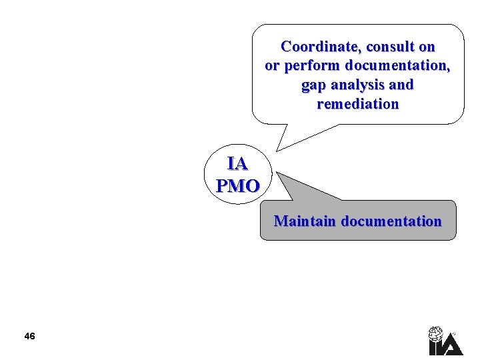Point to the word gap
pos(314,85)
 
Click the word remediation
pos(358,105)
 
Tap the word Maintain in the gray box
pos(305,221)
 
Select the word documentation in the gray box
pos(391,221)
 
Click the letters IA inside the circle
pos(237,164)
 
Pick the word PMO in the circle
pos(237,185)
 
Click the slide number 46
pos(29,336)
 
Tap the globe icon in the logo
pos(435,333)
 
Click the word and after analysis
pos(401,85)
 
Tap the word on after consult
pos(427,47)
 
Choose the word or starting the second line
pos(272,66)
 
